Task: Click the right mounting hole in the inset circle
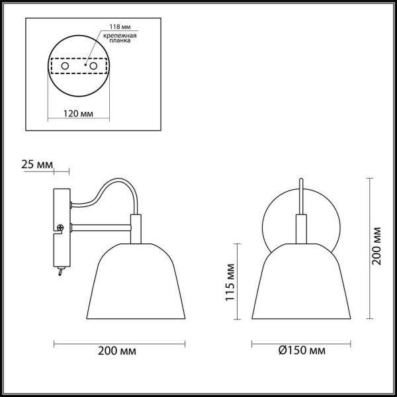coord(93,66)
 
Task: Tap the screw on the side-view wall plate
coord(60,229)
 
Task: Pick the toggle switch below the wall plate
coord(60,271)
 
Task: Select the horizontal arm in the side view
coord(99,229)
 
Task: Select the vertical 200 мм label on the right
coord(376,245)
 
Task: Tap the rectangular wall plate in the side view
coord(62,228)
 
